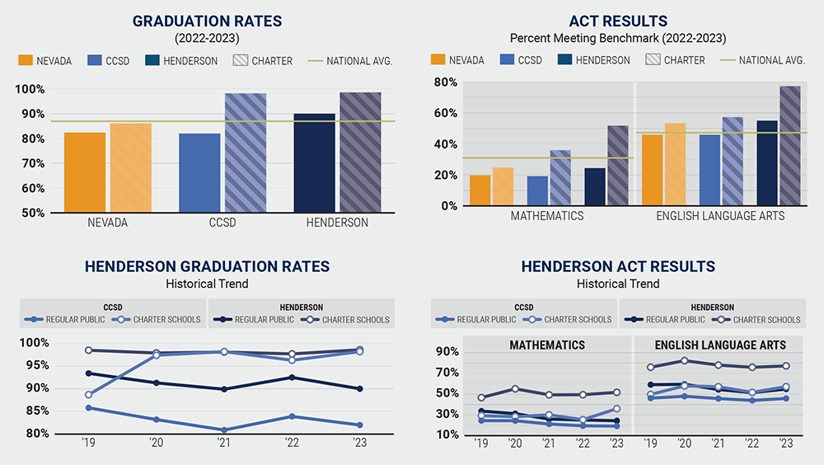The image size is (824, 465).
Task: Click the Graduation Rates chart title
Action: tap(207, 21)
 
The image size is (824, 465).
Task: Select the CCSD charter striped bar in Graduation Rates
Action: tap(246, 153)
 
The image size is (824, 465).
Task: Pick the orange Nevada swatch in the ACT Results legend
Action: tap(438, 60)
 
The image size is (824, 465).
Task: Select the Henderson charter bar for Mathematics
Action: tap(617, 166)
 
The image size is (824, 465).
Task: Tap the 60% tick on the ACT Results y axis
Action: tap(446, 113)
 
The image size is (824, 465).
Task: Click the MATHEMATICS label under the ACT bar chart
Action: tap(546, 216)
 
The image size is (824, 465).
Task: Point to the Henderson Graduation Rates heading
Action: tap(207, 266)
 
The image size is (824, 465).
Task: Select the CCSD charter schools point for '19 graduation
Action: tap(87, 394)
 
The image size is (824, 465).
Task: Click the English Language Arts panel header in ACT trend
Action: tap(720, 345)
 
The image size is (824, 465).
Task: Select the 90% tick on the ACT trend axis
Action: tap(446, 352)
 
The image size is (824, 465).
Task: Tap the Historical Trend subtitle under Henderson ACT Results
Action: tap(618, 284)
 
